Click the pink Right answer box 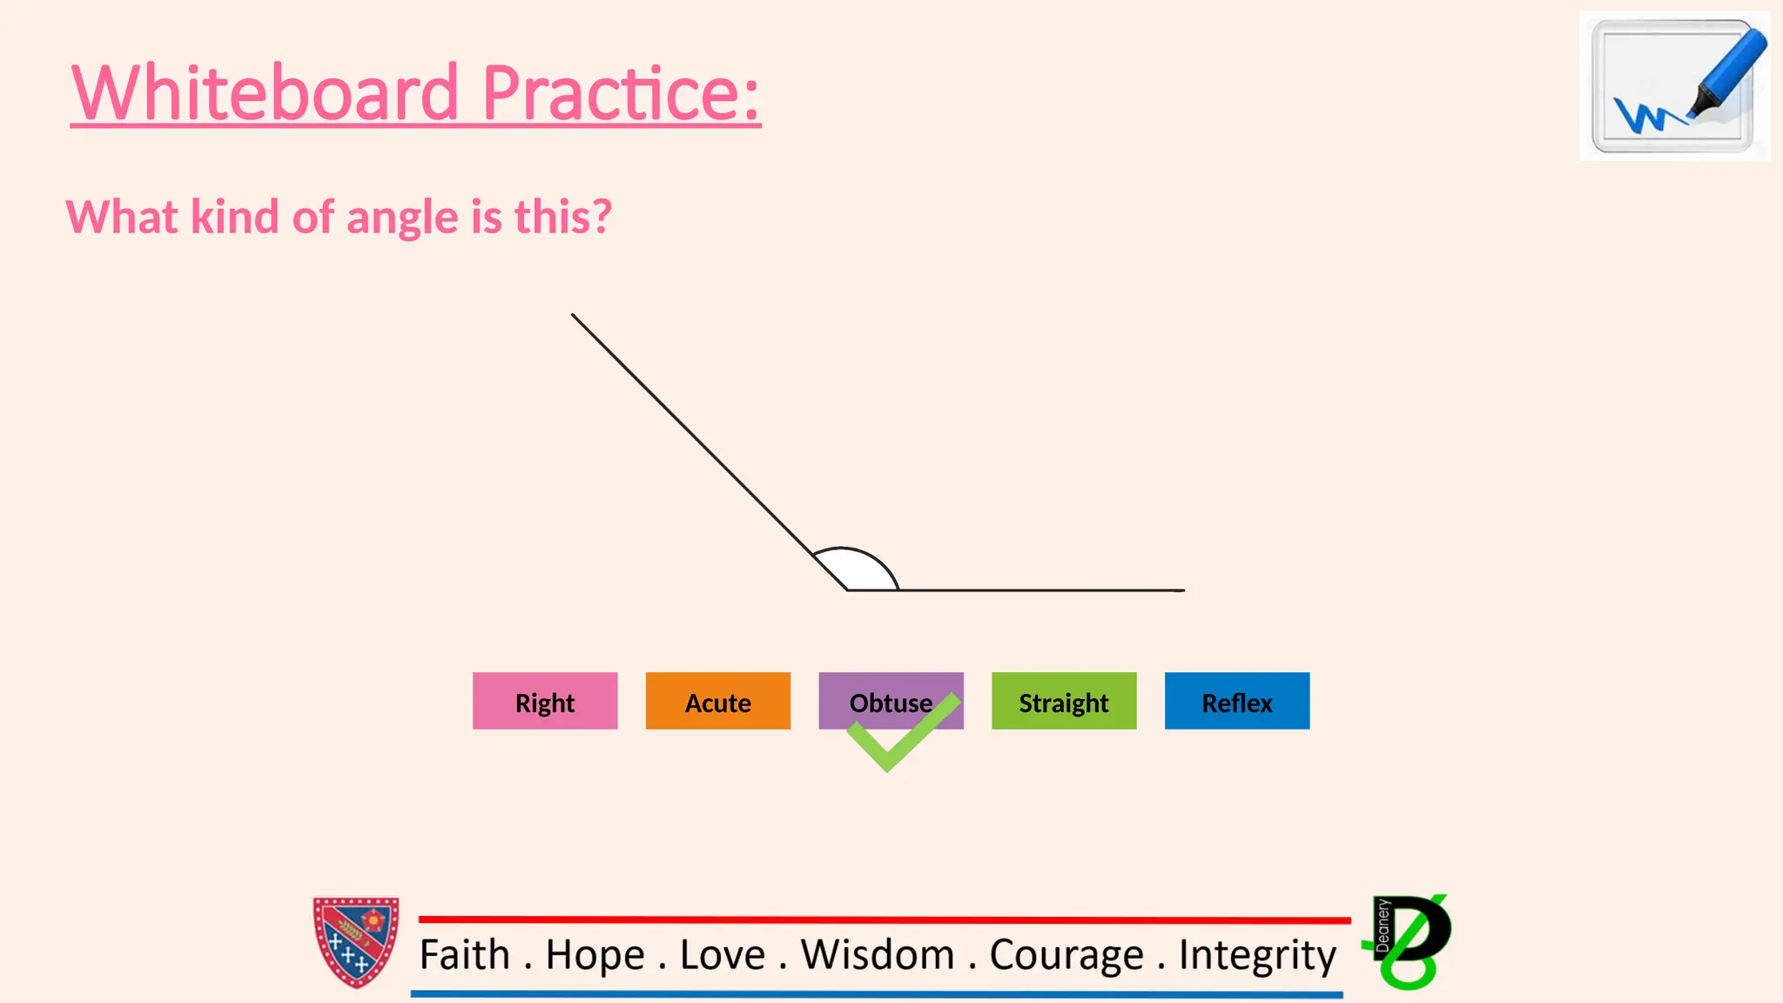(x=545, y=701)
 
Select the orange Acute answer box (x=717, y=701)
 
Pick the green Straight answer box (x=1064, y=701)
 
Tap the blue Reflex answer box (x=1236, y=701)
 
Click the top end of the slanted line (x=574, y=316)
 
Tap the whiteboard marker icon (x=1673, y=86)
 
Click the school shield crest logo (x=356, y=942)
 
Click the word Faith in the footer (x=464, y=955)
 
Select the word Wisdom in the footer (x=878, y=955)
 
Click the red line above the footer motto (x=884, y=919)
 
